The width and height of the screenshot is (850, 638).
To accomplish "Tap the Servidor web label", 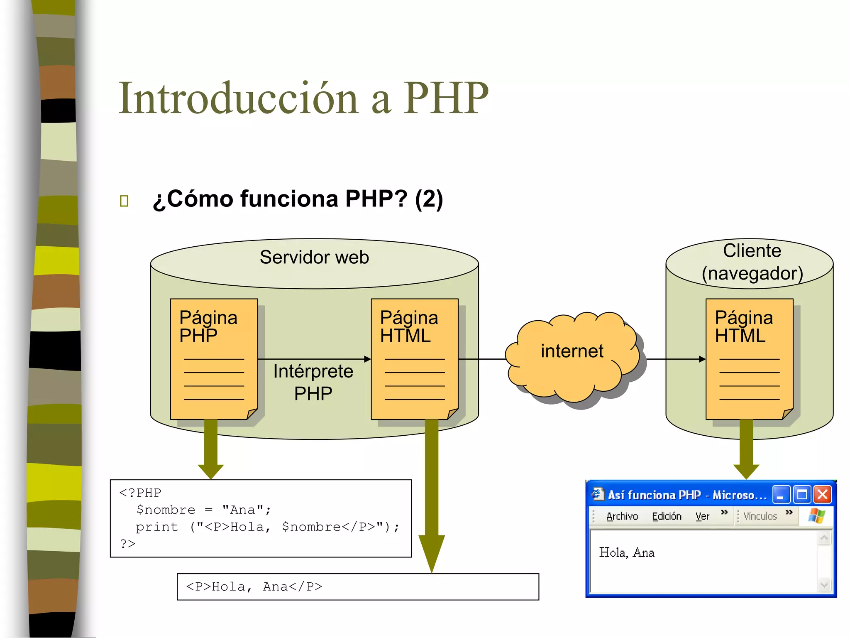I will click(x=314, y=257).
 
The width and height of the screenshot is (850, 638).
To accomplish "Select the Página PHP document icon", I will click(x=214, y=359).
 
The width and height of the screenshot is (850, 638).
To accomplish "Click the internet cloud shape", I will click(x=572, y=353).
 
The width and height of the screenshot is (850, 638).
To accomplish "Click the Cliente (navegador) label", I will click(x=752, y=262).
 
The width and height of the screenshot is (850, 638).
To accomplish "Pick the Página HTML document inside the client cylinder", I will click(x=749, y=359).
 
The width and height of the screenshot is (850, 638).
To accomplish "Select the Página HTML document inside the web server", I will click(x=415, y=359).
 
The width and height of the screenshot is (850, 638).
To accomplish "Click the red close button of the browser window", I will click(x=822, y=495).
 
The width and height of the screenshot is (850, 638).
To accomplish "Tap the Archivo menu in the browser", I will click(x=622, y=516).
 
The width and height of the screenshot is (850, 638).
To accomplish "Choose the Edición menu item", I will click(x=667, y=516).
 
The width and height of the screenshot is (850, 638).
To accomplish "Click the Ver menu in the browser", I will click(x=702, y=516).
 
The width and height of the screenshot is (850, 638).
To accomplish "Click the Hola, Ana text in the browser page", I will click(x=627, y=552).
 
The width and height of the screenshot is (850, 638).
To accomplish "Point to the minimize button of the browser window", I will click(x=781, y=495).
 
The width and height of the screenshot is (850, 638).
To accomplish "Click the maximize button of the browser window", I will click(x=802, y=495).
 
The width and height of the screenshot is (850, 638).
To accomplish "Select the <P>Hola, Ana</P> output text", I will click(x=254, y=586).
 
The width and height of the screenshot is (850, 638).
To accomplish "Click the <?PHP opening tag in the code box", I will click(x=140, y=493).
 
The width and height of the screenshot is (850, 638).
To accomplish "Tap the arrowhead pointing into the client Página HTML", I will click(x=702, y=359).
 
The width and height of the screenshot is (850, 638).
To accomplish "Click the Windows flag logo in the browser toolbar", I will click(x=816, y=516).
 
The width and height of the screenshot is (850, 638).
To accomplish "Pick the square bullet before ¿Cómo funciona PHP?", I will click(x=124, y=201).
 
